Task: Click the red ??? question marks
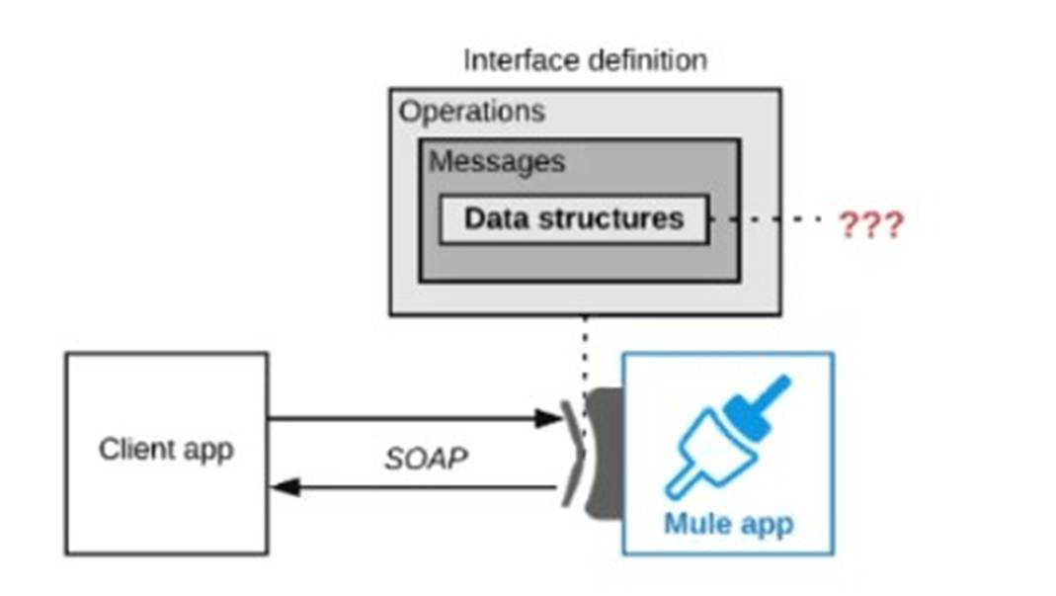point(870,226)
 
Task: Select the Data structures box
point(573,219)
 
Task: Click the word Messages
point(497,162)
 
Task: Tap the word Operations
point(471,111)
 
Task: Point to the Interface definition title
point(585,60)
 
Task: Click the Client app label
point(166,450)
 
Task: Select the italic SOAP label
point(425,459)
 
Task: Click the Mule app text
point(728,523)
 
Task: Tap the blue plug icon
point(727,435)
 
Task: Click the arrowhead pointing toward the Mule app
point(547,418)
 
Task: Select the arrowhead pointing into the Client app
point(284,486)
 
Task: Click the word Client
point(130,450)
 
